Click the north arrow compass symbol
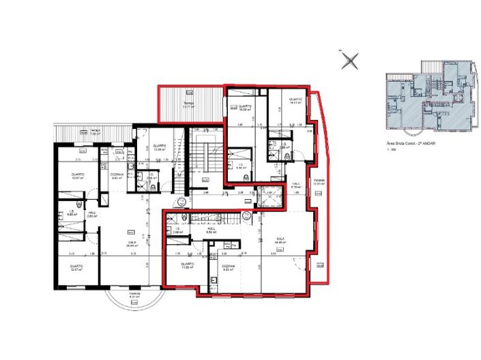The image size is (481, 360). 351,60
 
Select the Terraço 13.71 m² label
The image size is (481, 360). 188,106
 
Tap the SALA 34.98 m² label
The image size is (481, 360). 280,240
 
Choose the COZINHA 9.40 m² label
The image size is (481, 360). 116,176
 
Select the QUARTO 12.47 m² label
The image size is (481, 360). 75,267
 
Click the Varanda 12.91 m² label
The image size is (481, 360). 318,182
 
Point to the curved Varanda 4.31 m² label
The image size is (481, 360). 134,296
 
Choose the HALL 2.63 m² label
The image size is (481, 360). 92,213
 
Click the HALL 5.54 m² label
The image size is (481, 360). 212,230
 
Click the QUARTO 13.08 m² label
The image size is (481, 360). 160,147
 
